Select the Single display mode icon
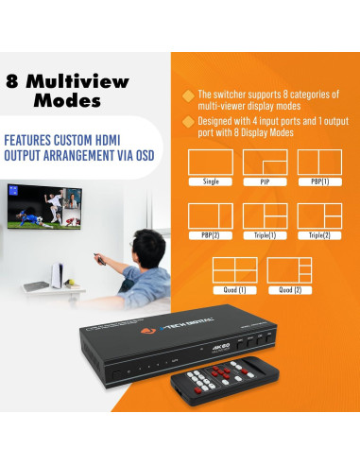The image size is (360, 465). pyautogui.click(x=211, y=162)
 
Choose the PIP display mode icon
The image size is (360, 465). pyautogui.click(x=265, y=162)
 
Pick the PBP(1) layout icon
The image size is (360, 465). pyautogui.click(x=318, y=162)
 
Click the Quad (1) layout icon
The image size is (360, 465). pyautogui.click(x=233, y=269)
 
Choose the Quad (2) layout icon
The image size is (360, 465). pyautogui.click(x=288, y=269)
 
